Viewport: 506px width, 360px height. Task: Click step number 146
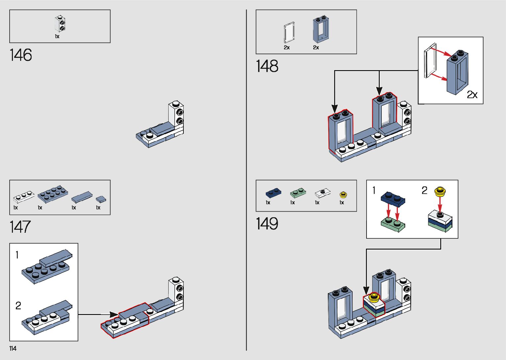point(21,55)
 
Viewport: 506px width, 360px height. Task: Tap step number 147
point(20,227)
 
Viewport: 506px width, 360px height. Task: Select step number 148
point(267,66)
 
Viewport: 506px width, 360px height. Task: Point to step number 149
point(267,223)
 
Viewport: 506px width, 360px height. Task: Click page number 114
point(13,348)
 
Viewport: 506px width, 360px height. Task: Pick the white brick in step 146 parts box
point(60,24)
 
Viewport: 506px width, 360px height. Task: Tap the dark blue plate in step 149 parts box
point(273,193)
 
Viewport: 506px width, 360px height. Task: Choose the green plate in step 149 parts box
point(298,193)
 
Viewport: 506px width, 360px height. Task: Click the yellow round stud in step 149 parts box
point(343,194)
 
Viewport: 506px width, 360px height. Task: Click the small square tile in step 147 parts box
point(101,199)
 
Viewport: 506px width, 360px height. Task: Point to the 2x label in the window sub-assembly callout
point(472,95)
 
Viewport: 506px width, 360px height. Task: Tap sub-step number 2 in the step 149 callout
point(424,190)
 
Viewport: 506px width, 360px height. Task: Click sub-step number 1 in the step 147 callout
point(17,255)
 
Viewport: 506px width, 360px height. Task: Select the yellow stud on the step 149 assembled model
point(374,297)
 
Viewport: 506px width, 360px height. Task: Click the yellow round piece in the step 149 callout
point(440,191)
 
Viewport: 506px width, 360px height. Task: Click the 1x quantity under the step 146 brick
point(57,36)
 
